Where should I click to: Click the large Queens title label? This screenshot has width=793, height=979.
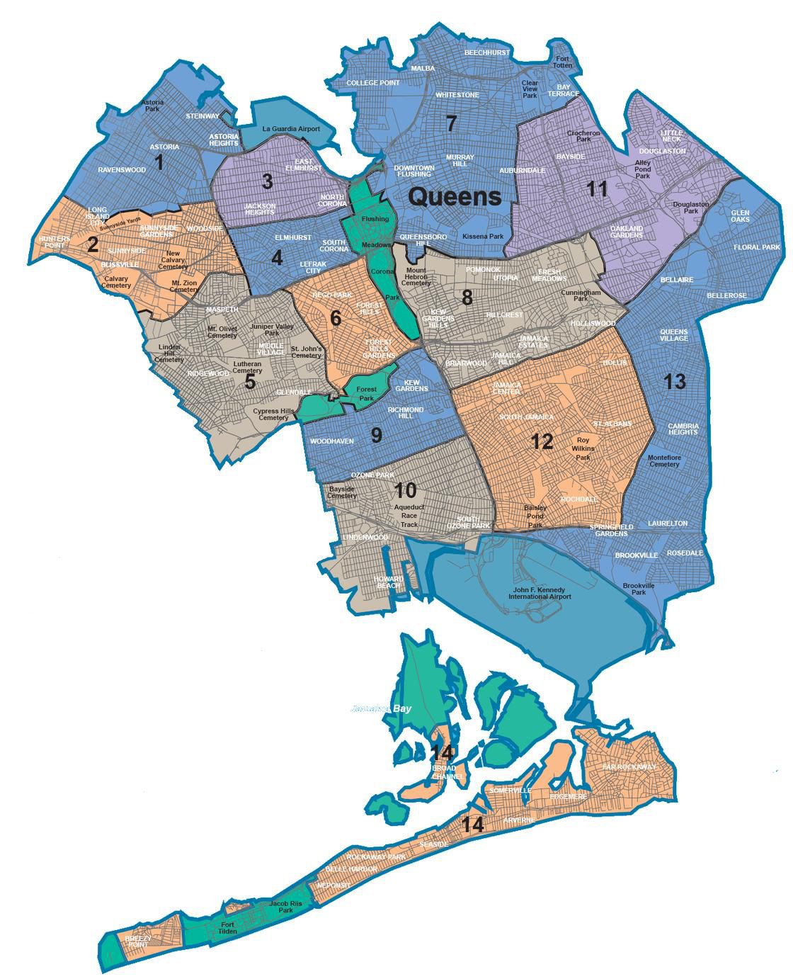click(x=455, y=196)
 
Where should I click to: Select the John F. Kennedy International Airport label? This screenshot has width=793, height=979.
click(x=540, y=593)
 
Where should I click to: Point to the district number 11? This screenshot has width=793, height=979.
click(x=598, y=189)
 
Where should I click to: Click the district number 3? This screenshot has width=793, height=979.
click(x=267, y=181)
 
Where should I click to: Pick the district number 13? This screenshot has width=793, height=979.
click(x=675, y=382)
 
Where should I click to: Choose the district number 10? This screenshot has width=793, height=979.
click(x=405, y=490)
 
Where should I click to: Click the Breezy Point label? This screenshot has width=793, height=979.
click(x=137, y=941)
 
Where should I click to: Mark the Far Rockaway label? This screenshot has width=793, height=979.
click(x=629, y=767)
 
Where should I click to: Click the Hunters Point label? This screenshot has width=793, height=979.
click(x=55, y=242)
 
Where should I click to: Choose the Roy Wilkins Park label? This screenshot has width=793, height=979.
click(x=583, y=448)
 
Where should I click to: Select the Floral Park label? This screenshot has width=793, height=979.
click(x=761, y=247)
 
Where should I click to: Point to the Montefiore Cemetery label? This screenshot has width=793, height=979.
click(x=664, y=460)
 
